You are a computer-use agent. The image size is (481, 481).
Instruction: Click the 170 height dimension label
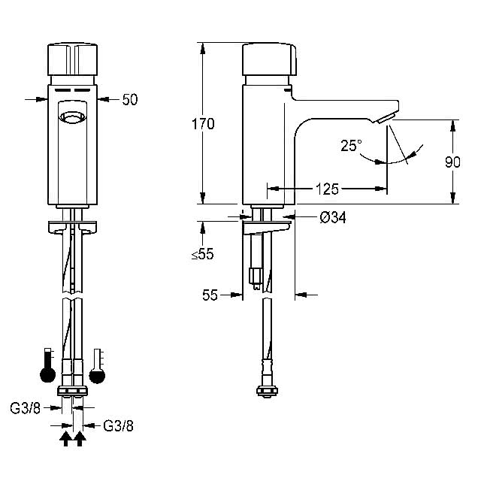coord(203,124)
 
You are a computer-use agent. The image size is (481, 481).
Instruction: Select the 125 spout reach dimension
coord(327,189)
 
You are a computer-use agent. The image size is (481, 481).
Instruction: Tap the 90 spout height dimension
coord(452,162)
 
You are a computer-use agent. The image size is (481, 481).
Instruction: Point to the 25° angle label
coord(351,145)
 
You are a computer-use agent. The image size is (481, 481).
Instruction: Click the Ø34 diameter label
coord(333,217)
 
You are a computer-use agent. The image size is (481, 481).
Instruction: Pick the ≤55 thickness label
coord(202,254)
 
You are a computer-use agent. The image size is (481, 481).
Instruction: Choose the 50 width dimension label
coord(130,100)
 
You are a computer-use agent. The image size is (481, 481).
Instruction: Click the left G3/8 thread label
coord(25,408)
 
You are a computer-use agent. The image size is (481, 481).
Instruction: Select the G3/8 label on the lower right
coord(119,426)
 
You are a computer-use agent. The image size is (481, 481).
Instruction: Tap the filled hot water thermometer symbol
coord(48,365)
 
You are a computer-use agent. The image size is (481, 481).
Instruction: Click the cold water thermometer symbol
coord(97,366)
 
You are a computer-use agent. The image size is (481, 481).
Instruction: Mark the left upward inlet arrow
coord(65,438)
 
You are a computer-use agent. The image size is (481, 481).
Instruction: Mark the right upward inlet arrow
coord(80,438)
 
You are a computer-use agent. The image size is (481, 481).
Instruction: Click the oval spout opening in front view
coord(72,117)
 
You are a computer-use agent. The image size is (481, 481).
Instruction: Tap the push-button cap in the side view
coord(269,59)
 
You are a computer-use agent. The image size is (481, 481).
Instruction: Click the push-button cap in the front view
coord(73,59)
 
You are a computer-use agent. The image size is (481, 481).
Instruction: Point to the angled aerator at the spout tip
coord(385,118)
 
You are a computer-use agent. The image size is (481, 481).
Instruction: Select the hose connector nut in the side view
coord(268,391)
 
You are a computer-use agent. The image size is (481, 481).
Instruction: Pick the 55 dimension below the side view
coord(210,295)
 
